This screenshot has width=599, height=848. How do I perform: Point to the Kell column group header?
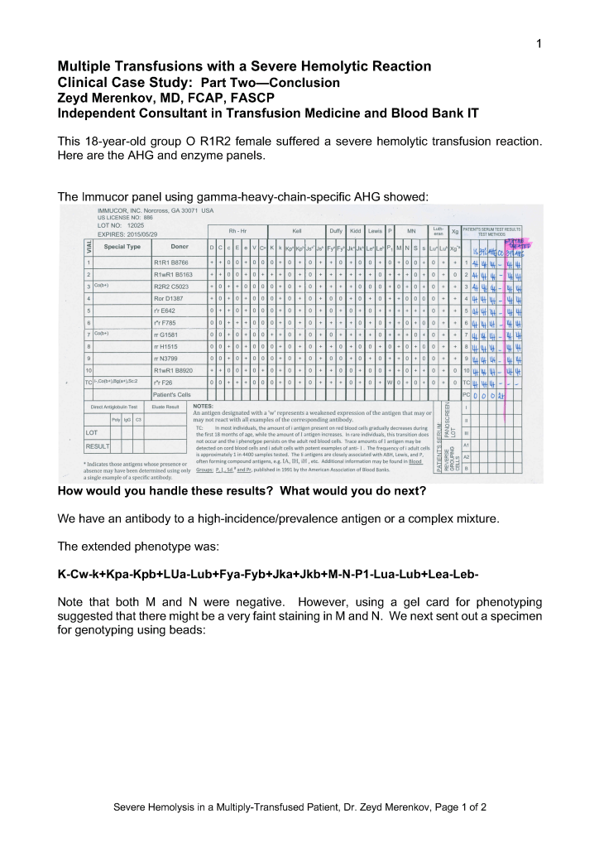(x=297, y=231)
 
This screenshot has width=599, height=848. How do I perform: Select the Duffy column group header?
(x=336, y=231)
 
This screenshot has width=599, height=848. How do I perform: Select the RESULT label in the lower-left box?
(x=98, y=446)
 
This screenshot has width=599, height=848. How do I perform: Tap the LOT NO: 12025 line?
(x=121, y=225)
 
